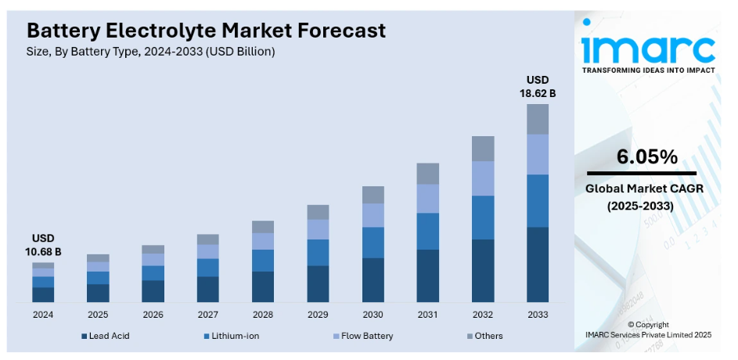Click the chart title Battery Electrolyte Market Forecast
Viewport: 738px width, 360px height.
point(206,31)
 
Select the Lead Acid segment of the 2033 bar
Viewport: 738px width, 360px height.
point(537,265)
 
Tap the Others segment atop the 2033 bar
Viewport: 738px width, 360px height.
point(537,119)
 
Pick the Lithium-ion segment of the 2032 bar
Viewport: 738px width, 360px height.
point(482,217)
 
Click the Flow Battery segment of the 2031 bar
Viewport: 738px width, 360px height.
point(427,198)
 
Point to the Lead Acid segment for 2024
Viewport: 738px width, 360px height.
point(43,294)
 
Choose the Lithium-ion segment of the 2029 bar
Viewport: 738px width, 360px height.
point(318,252)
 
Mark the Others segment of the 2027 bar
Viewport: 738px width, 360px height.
point(208,239)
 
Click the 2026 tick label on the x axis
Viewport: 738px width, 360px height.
point(153,315)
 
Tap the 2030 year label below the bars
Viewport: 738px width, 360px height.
point(373,315)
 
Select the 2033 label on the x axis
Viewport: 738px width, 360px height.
point(537,315)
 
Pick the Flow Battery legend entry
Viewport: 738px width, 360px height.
point(362,336)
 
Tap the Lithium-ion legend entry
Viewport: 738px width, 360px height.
point(231,336)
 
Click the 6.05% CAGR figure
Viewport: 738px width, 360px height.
point(646,157)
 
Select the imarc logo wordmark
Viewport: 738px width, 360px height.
point(648,49)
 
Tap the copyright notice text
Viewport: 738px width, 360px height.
point(648,329)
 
